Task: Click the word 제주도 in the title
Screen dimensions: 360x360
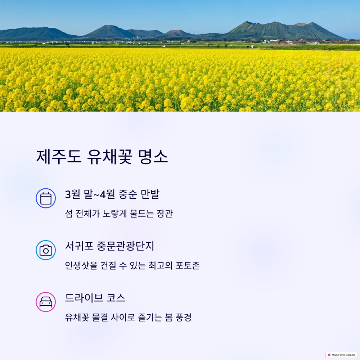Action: click(59, 157)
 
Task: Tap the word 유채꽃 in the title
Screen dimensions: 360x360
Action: click(109, 157)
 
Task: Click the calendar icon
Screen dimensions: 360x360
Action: click(46, 198)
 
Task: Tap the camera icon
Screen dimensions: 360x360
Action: click(46, 250)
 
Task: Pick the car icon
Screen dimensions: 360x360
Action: click(46, 302)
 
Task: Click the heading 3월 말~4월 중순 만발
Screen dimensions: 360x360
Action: click(112, 194)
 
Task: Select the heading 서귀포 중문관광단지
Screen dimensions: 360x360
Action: click(109, 246)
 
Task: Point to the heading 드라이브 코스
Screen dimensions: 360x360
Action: click(95, 298)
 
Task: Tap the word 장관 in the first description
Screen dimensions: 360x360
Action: click(165, 213)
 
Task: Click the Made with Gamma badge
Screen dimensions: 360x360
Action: click(341, 355)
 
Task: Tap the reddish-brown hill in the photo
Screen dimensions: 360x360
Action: click(177, 33)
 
